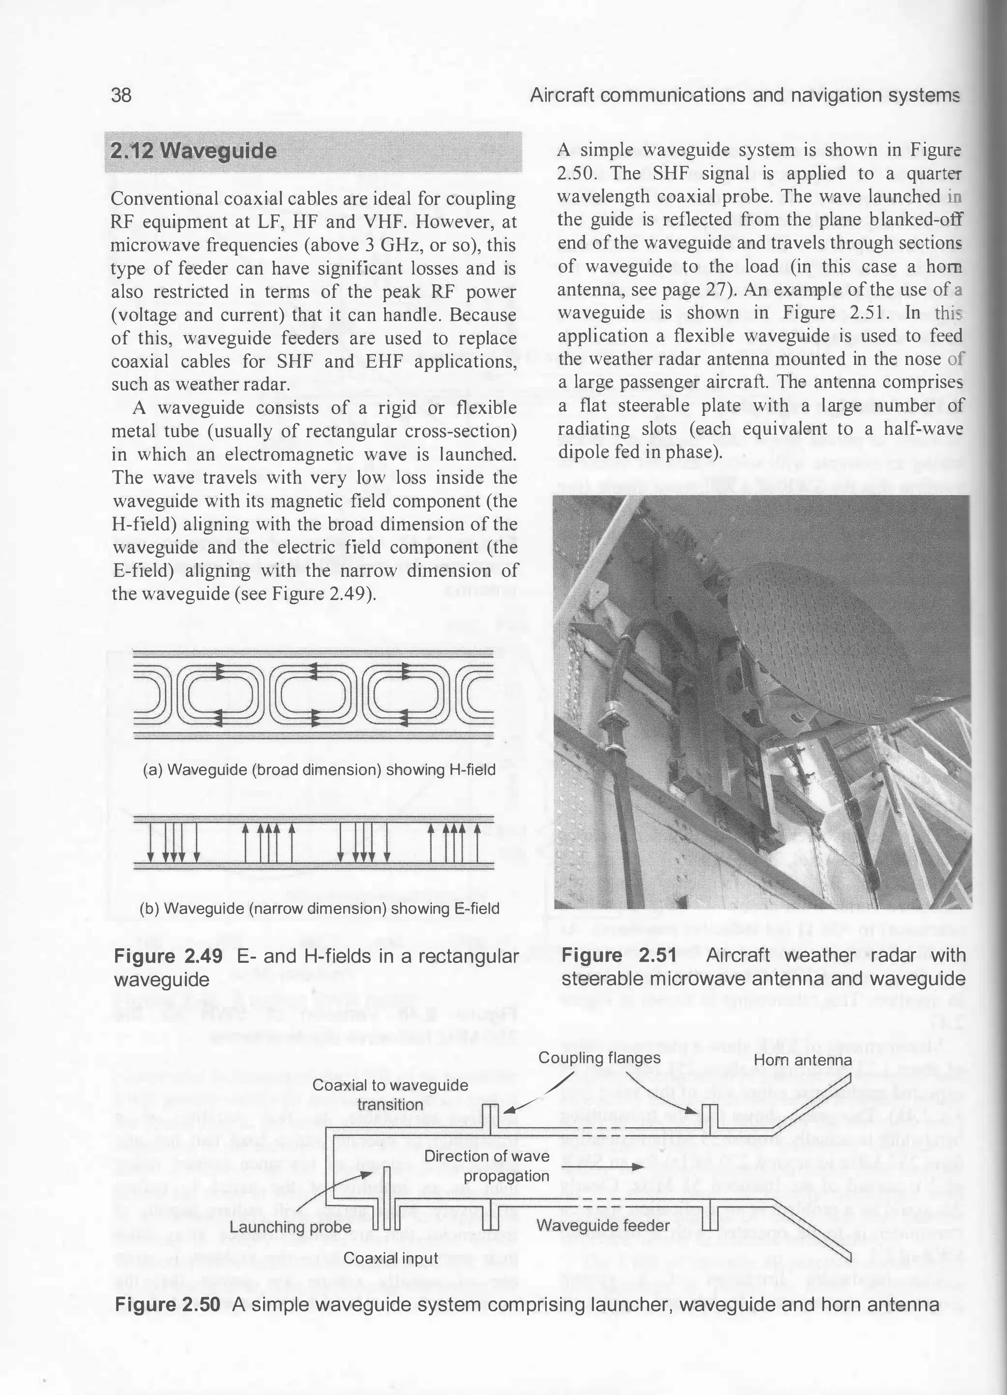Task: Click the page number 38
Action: pyautogui.click(x=121, y=95)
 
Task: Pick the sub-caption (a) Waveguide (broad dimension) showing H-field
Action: pyautogui.click(x=319, y=770)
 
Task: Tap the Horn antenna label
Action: pyautogui.click(x=802, y=1060)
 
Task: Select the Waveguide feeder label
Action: pyautogui.click(x=602, y=1225)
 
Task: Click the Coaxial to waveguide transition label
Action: pyautogui.click(x=390, y=1094)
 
